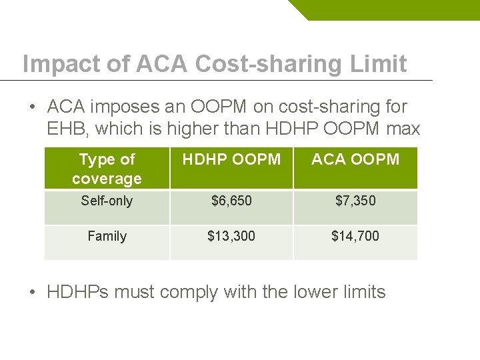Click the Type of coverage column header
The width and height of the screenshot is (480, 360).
point(107,169)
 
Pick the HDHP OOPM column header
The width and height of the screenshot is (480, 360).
point(231,160)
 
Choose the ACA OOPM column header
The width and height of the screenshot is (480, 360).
point(355,160)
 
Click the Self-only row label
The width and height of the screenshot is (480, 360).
point(107,201)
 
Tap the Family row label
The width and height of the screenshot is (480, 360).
point(107,236)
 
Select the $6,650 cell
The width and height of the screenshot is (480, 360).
point(231,201)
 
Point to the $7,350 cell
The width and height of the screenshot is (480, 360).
point(355,201)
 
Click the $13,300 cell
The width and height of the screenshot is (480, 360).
point(231,236)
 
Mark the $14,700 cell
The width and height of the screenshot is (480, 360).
point(355,236)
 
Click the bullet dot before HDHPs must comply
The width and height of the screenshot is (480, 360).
point(33,292)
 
